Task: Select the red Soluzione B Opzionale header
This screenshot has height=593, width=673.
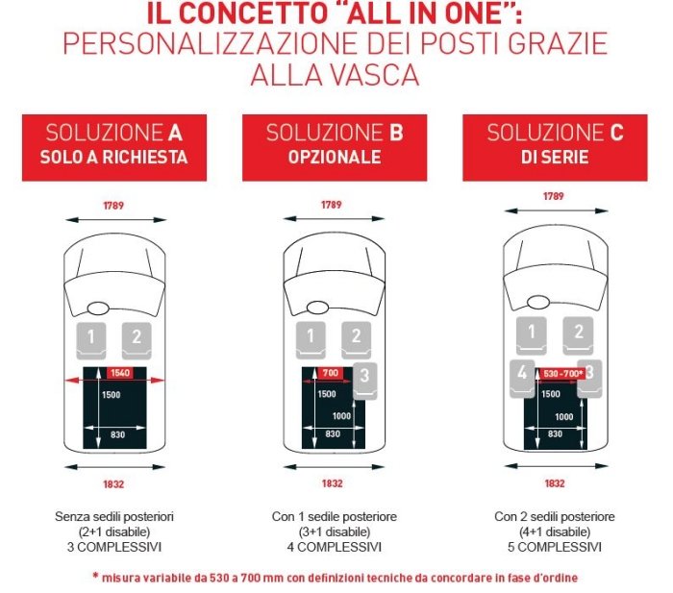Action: (x=334, y=146)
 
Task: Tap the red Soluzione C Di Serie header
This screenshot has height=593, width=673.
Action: (x=555, y=146)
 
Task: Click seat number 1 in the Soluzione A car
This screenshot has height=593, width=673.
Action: (x=91, y=337)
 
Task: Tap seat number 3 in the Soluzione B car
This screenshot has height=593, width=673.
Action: (x=365, y=378)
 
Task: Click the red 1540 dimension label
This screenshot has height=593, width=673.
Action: (x=119, y=373)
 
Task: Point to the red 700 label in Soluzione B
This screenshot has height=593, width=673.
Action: (x=331, y=373)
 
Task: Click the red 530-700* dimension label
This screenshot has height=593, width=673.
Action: (x=562, y=373)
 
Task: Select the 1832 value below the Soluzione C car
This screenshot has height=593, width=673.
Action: (x=555, y=483)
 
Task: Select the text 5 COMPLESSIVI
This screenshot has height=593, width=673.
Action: (x=555, y=547)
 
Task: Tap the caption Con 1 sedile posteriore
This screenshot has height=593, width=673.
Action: (x=334, y=517)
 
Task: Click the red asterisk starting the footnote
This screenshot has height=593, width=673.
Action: (x=95, y=577)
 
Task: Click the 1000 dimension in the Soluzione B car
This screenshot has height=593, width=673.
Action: (x=341, y=416)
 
